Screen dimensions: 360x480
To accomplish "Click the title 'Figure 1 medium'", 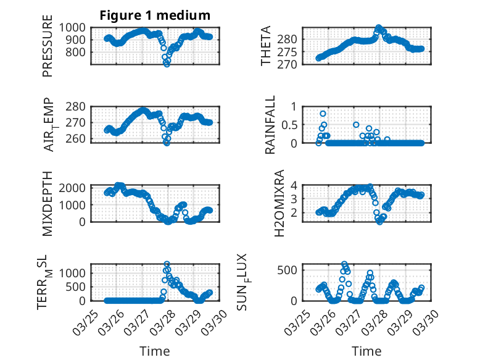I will (155, 15).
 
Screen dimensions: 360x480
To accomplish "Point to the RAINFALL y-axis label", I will (270, 124).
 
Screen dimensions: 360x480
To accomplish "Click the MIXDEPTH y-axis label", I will (48, 203).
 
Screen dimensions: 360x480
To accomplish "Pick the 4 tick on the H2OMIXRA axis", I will (295, 185).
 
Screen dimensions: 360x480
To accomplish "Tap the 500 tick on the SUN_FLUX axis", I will (291, 270).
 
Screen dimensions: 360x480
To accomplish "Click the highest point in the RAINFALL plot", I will (323, 114).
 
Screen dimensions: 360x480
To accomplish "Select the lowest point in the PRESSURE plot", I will (167, 64).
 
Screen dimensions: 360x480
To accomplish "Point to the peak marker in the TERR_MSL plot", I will (167, 264).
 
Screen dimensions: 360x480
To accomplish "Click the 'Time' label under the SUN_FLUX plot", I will (366, 351).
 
